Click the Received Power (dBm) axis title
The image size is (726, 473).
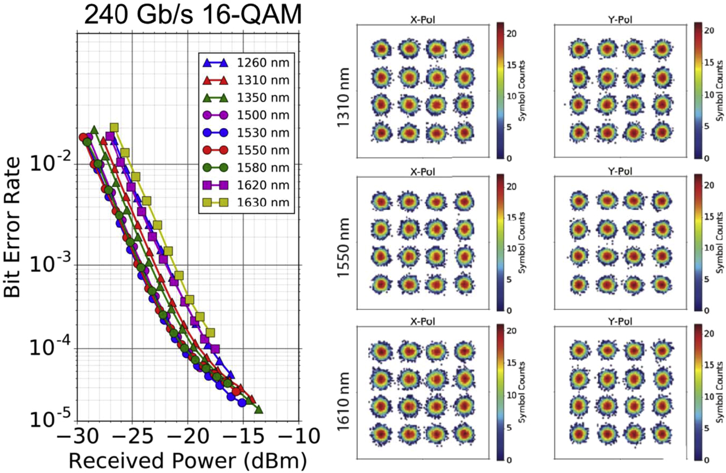click(188, 460)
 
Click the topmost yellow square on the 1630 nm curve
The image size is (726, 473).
click(113, 128)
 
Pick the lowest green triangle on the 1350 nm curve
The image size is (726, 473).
click(259, 409)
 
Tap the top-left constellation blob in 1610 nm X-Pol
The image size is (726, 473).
click(380, 352)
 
